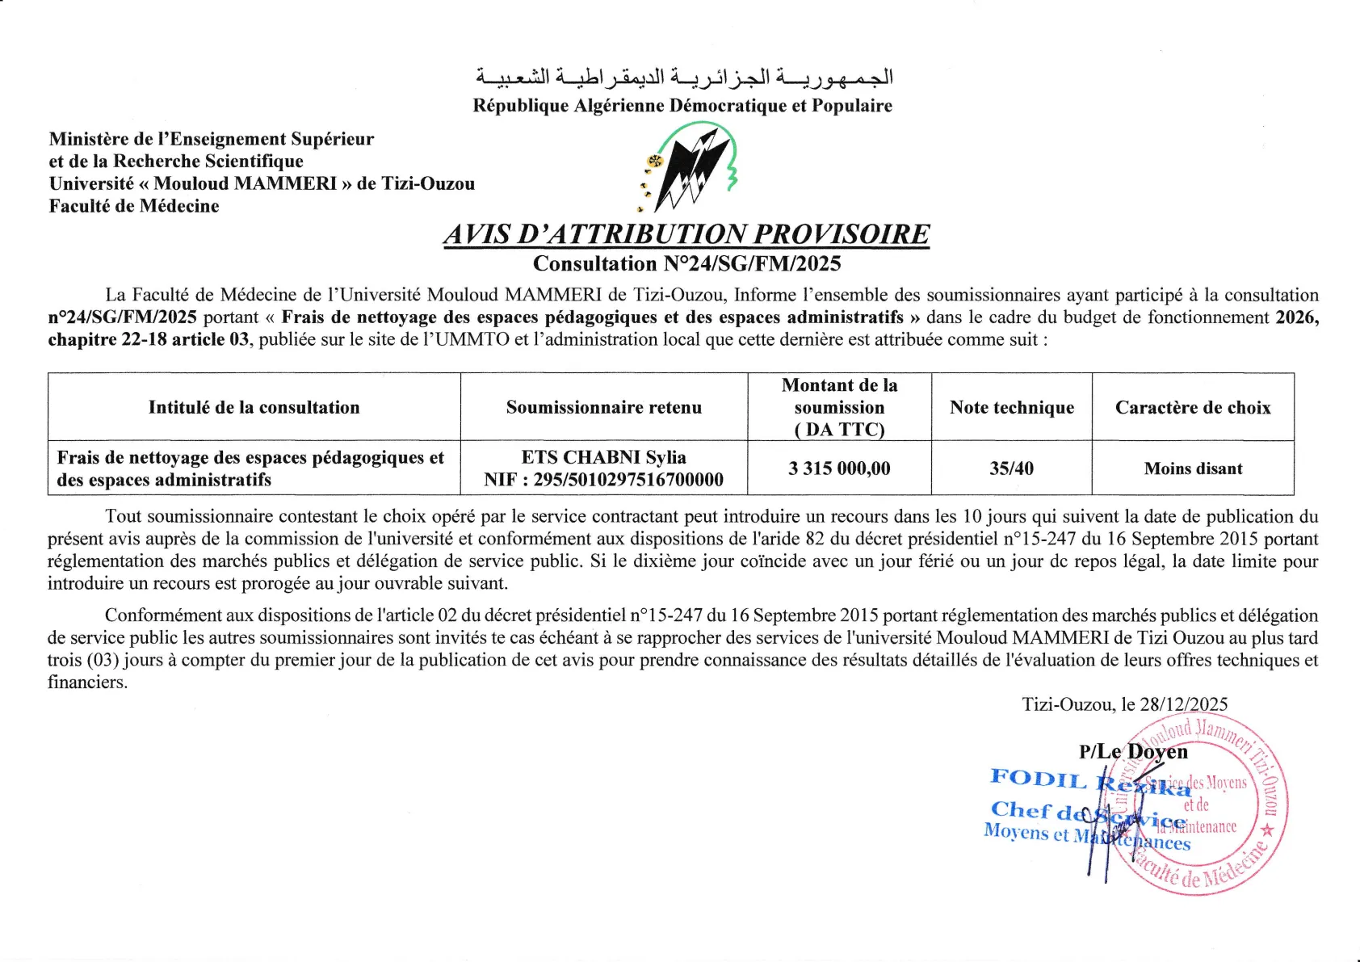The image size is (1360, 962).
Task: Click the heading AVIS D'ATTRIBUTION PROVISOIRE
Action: coord(686,234)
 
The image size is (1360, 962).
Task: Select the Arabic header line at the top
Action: coord(683,78)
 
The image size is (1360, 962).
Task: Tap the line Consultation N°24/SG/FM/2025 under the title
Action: coord(686,263)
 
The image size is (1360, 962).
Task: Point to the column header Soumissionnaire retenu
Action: coord(603,407)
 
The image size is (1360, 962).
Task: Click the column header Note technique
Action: coord(1011,407)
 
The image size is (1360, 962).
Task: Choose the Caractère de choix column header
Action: coord(1192,407)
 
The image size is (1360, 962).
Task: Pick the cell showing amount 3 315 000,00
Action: coord(839,468)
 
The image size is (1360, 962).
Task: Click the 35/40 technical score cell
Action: coord(1011,468)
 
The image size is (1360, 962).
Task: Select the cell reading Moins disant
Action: coord(1192,468)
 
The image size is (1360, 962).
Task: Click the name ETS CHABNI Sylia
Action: coord(603,457)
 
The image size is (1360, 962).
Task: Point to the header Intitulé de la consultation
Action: coord(254,407)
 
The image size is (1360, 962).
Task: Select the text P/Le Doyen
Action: coord(1133,752)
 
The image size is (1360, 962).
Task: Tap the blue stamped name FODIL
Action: coord(1038,779)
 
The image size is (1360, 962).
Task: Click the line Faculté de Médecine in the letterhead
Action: coord(134,206)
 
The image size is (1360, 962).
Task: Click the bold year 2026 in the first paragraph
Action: coord(1296,317)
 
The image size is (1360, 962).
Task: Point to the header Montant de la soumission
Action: coord(839,407)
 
